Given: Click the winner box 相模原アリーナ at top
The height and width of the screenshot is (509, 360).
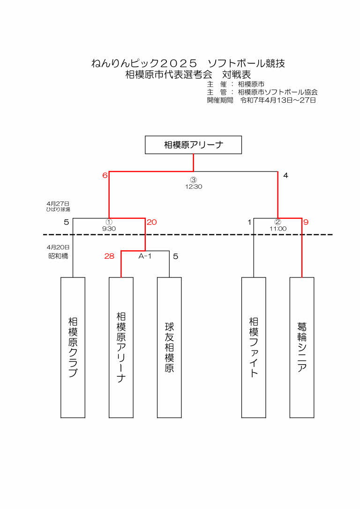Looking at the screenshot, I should point(193,145).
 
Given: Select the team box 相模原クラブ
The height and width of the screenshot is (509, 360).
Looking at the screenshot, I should point(73,347).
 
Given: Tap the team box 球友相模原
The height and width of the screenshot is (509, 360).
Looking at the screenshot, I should point(169,347).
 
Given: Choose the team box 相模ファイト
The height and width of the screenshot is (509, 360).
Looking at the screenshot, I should point(254,347).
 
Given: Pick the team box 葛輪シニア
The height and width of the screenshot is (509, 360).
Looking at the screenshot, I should point(302,347).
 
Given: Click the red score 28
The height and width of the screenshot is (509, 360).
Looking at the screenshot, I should point(109,256).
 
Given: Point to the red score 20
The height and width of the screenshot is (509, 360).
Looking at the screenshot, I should point(151,222).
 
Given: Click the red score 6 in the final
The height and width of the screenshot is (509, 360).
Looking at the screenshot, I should point(105,176).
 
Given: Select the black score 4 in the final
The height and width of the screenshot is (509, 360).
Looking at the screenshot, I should point(285,176).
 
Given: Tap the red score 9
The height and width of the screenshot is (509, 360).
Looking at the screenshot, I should point(306,222).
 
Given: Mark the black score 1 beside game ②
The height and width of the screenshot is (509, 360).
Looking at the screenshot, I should point(249,222).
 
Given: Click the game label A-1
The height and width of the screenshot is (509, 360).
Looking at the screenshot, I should point(145,256).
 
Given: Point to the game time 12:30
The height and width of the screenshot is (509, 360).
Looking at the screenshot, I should point(194,186).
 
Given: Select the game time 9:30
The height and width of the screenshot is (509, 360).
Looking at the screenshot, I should point(109,229).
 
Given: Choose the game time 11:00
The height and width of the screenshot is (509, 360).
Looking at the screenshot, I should point(278,229).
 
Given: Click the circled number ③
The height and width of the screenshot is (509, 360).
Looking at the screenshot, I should point(194,180).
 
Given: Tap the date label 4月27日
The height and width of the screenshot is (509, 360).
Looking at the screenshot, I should point(58,204).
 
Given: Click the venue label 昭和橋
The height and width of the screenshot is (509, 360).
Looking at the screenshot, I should point(58,256).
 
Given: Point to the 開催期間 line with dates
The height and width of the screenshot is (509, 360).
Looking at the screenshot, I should point(262,100).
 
